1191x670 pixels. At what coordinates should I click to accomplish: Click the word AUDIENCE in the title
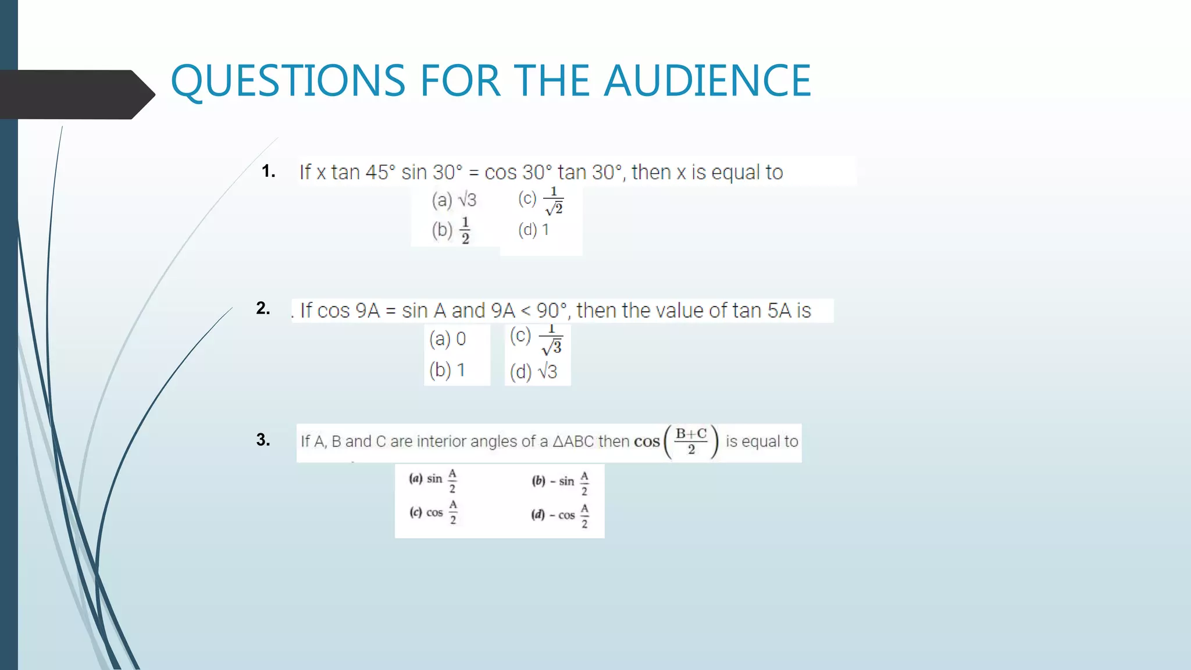(x=707, y=80)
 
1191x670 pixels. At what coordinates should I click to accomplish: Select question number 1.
(x=268, y=171)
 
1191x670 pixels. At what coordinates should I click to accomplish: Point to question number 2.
(x=263, y=308)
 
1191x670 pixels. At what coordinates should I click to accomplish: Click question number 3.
(x=263, y=440)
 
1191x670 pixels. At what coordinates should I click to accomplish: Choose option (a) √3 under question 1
(x=454, y=200)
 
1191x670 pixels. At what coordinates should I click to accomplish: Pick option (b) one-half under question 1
(x=451, y=230)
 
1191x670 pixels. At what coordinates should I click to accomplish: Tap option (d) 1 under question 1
(x=533, y=230)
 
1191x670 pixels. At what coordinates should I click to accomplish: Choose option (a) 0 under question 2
(x=447, y=338)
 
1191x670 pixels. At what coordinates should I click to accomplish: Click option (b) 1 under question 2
(x=447, y=370)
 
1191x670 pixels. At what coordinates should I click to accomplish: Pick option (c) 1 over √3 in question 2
(x=536, y=339)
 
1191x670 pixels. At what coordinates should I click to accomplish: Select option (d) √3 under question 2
(x=533, y=372)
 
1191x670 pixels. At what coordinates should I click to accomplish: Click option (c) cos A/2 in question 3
(x=433, y=512)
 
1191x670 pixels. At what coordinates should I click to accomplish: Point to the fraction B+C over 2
(x=691, y=441)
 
